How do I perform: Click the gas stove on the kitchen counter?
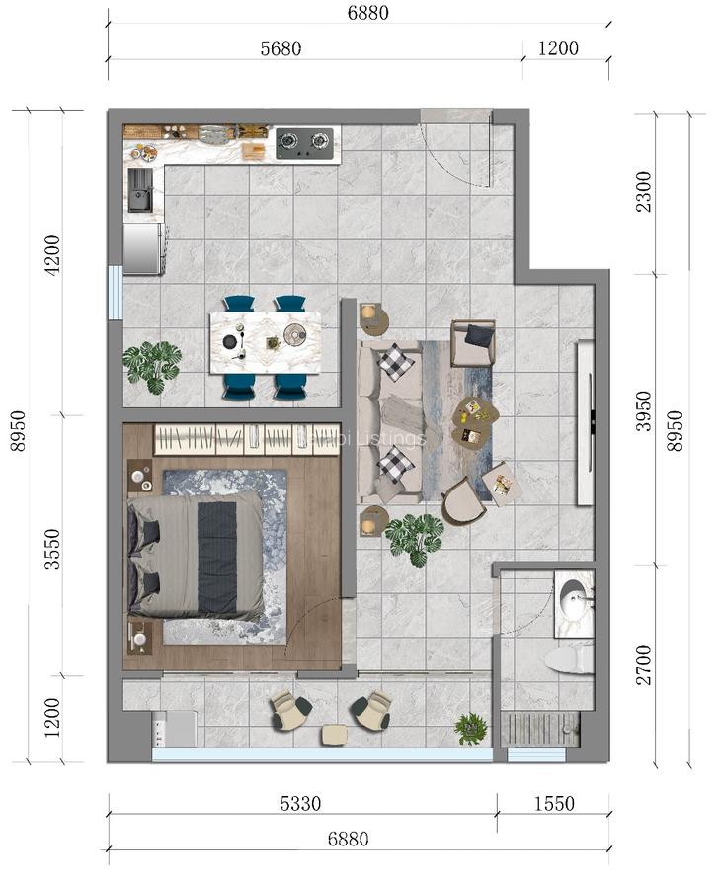click(x=304, y=143)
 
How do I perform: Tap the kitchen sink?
click(x=140, y=190)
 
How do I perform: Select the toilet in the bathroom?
click(x=570, y=659)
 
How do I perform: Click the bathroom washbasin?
click(x=573, y=596)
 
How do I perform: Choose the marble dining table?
click(x=265, y=342)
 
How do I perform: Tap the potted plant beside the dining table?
click(x=152, y=364)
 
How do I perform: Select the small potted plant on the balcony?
click(x=471, y=730)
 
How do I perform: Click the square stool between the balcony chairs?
click(x=335, y=735)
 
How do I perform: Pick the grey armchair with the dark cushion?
click(x=473, y=342)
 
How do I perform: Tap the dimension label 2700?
click(x=644, y=665)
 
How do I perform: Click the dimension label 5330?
click(x=300, y=804)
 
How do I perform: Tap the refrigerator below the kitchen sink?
click(x=142, y=247)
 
